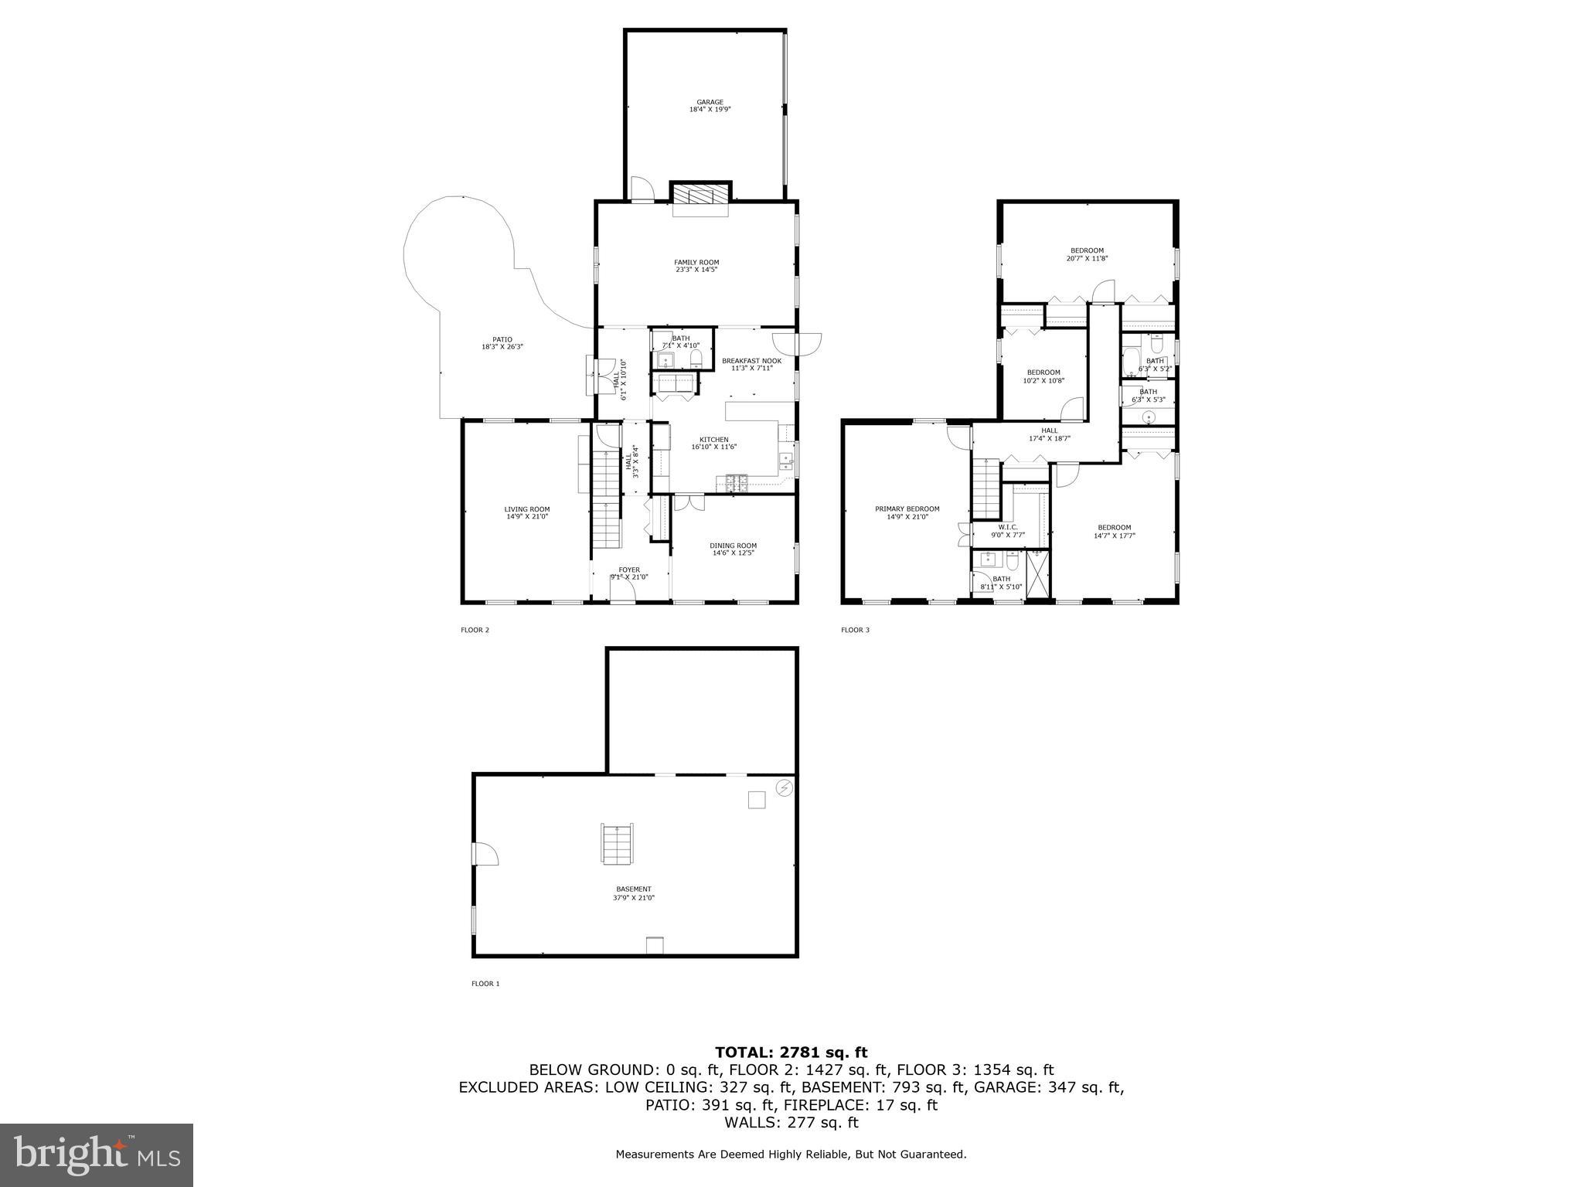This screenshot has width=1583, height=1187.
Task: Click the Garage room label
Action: pyautogui.click(x=710, y=106)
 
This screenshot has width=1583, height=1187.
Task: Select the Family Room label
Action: pyautogui.click(x=696, y=266)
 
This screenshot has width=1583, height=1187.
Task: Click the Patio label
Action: pyautogui.click(x=502, y=343)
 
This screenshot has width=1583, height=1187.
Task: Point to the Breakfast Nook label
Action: pyautogui.click(x=751, y=364)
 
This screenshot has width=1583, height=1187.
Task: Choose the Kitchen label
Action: pyautogui.click(x=714, y=443)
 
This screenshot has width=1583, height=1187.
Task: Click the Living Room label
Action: pyautogui.click(x=527, y=512)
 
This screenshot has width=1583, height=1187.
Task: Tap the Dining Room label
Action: pyautogui.click(x=733, y=549)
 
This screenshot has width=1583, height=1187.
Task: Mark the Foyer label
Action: pyautogui.click(x=629, y=573)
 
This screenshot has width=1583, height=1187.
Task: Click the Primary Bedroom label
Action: pyautogui.click(x=907, y=512)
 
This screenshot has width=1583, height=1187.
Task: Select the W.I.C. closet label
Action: pyautogui.click(x=1008, y=530)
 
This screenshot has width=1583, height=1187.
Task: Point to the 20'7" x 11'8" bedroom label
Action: pyautogui.click(x=1087, y=254)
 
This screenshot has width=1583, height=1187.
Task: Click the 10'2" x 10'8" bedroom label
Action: pyautogui.click(x=1043, y=376)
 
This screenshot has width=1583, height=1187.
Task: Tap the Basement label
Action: pyautogui.click(x=633, y=893)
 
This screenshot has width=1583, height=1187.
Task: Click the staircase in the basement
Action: pyautogui.click(x=618, y=844)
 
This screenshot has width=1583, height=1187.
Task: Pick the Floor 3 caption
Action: pyautogui.click(x=855, y=630)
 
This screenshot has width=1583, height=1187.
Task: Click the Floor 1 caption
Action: pyautogui.click(x=485, y=984)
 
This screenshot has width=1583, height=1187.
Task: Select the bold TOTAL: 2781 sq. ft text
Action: pyautogui.click(x=791, y=1052)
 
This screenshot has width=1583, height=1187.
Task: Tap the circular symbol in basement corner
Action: pyautogui.click(x=784, y=787)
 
